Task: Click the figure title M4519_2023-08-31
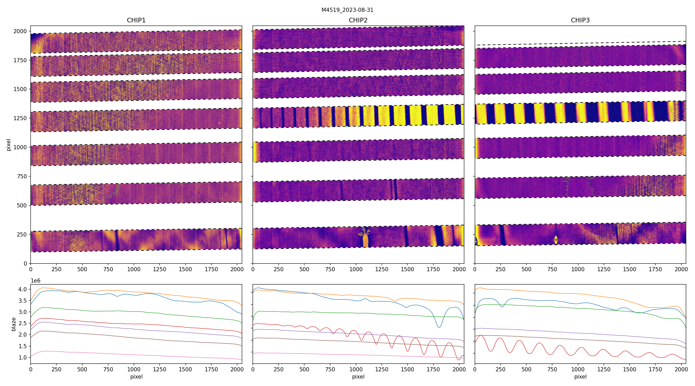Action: (347, 10)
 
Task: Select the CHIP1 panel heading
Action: (136, 20)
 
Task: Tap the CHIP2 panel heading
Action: (358, 20)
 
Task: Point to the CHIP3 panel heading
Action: (580, 20)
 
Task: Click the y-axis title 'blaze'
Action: (13, 324)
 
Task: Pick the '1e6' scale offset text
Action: (35, 281)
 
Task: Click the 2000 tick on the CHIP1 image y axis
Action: (20, 31)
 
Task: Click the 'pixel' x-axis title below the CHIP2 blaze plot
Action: (358, 376)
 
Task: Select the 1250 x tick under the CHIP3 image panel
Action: (604, 269)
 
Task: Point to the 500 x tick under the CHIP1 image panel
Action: (82, 269)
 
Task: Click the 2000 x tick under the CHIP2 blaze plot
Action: (459, 369)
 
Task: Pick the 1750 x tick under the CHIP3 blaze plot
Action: (655, 369)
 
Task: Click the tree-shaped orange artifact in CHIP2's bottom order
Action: (365, 237)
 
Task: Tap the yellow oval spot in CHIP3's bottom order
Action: (556, 240)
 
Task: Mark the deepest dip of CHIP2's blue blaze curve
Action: (439, 328)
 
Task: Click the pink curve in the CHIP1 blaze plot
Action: (135, 353)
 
